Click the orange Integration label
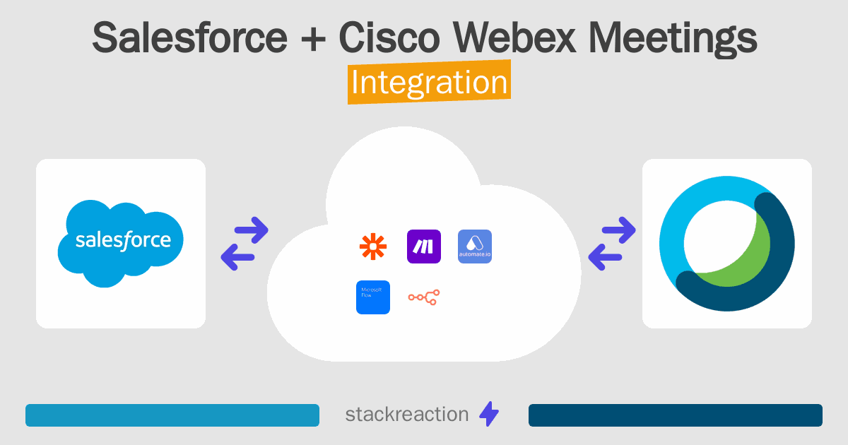tap(429, 83)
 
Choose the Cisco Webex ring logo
tap(726, 244)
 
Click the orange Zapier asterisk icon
tap(373, 247)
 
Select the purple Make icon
tap(424, 247)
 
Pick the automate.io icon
tap(475, 247)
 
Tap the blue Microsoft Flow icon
tap(373, 297)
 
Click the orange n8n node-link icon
tap(424, 297)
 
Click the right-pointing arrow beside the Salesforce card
tap(252, 230)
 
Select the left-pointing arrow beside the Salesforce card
tap(238, 257)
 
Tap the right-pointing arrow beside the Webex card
tap(619, 230)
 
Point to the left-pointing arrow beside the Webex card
tap(606, 257)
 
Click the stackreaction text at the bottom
tap(406, 415)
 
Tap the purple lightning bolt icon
tap(489, 415)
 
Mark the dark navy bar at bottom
tap(675, 415)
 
